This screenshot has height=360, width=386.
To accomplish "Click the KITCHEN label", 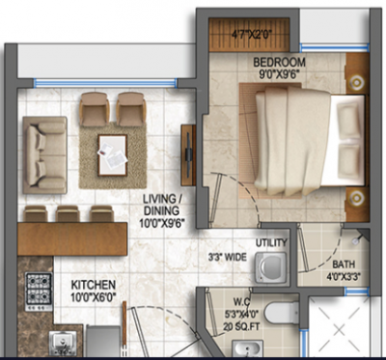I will pos(94,286).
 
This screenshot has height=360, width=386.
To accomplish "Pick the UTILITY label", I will pos(272,243).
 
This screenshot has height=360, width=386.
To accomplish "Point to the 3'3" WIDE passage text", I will pos(227,257).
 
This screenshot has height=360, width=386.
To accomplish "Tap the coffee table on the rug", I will pos(112,149).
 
